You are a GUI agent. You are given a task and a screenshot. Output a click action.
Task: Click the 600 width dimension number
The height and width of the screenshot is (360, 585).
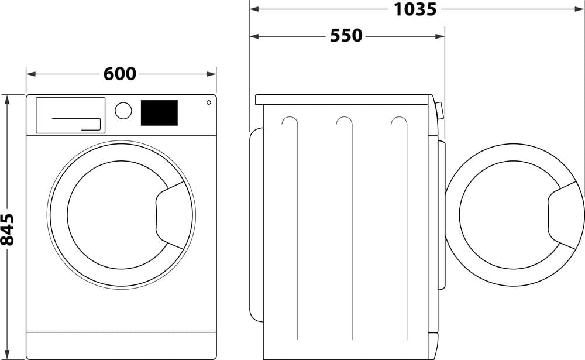(x=120, y=74)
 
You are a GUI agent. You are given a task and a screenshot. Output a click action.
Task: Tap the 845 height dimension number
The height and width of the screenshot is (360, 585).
(x=7, y=229)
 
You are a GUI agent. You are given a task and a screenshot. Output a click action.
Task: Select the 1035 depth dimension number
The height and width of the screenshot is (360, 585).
(x=415, y=9)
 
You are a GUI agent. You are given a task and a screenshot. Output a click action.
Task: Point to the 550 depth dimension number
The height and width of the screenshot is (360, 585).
(x=346, y=36)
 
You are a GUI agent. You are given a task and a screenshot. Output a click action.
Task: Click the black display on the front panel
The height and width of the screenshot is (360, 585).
(x=159, y=112)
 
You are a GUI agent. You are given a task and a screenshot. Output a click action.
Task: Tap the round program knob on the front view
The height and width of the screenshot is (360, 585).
(x=123, y=111)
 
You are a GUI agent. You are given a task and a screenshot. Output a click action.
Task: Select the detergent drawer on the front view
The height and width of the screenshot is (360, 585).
(x=70, y=115)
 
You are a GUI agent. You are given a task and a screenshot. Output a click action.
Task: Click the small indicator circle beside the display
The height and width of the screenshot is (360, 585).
(x=208, y=102)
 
